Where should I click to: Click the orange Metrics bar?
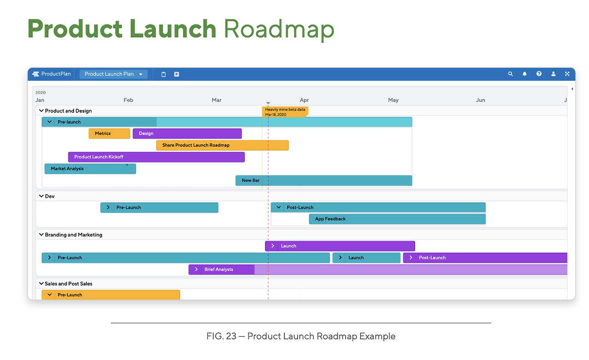(x=110, y=134)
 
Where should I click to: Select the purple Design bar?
(x=187, y=134)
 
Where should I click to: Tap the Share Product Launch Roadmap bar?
(x=222, y=145)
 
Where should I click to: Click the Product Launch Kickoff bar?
(x=156, y=157)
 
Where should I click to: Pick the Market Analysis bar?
(x=90, y=168)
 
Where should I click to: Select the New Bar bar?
(x=323, y=180)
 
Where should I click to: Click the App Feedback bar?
(x=397, y=219)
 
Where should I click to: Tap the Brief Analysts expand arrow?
(x=196, y=269)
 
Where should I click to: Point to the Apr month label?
(x=304, y=100)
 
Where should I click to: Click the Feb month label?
(x=128, y=100)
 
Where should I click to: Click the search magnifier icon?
(x=510, y=74)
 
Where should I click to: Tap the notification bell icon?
(x=525, y=74)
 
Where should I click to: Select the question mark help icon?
(x=539, y=74)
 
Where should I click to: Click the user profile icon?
(x=554, y=74)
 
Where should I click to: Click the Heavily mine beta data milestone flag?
(x=285, y=112)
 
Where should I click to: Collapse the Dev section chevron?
(x=41, y=196)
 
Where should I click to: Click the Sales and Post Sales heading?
(x=69, y=284)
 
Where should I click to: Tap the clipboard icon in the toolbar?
(x=163, y=74)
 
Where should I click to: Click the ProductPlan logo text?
(x=56, y=74)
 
